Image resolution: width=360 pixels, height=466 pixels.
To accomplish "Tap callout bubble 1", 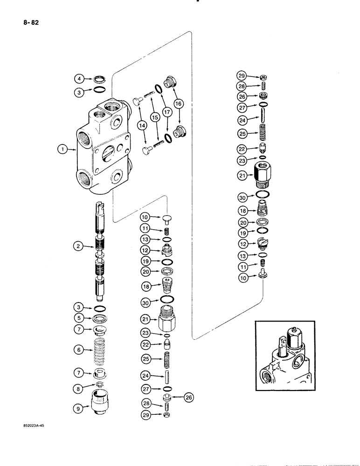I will coord(61,150).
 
